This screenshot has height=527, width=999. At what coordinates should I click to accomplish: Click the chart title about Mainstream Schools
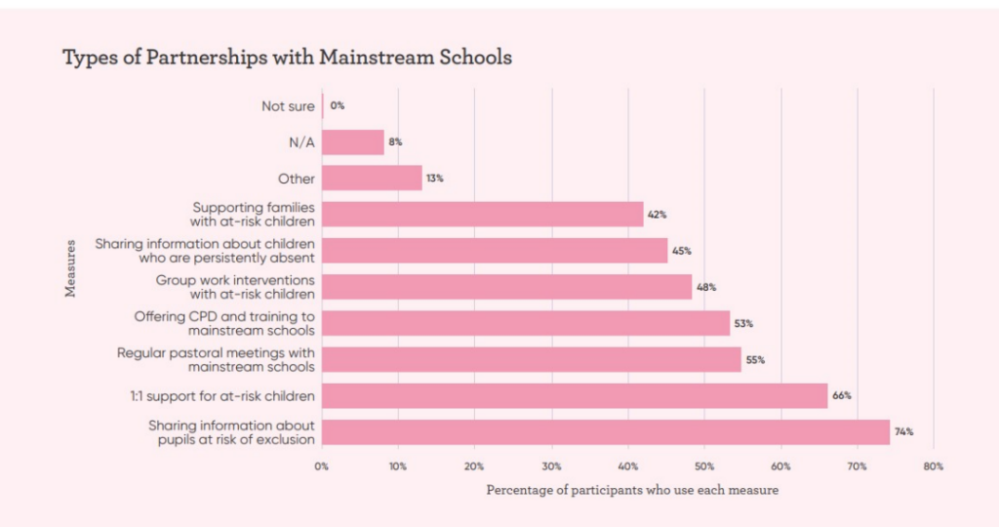click(x=287, y=58)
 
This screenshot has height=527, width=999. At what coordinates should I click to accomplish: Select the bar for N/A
click(x=353, y=142)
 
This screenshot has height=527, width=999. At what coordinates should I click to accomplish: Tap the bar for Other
click(x=372, y=178)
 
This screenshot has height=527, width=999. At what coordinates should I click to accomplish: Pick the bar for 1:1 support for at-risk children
click(x=575, y=395)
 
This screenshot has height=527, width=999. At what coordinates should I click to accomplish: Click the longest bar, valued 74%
click(x=606, y=431)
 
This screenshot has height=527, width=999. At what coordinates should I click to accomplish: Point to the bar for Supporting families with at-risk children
click(x=483, y=214)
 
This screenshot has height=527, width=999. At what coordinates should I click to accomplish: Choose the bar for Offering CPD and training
click(x=526, y=323)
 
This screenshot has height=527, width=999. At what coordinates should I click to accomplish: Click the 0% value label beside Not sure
click(x=338, y=105)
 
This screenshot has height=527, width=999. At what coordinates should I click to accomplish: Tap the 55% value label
click(x=755, y=360)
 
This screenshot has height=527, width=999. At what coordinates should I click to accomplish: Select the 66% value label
click(x=842, y=396)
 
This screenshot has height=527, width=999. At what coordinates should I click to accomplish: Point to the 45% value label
click(x=681, y=251)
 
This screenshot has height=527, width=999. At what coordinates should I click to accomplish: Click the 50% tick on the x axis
click(x=703, y=466)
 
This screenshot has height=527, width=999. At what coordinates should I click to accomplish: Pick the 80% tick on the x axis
click(x=934, y=466)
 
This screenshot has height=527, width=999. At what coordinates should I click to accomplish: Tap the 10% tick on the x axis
click(x=398, y=466)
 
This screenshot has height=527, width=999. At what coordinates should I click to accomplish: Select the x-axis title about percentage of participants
click(x=632, y=490)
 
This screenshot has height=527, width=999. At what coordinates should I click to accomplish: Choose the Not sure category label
click(x=288, y=106)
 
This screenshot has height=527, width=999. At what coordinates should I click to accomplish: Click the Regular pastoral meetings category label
click(x=216, y=359)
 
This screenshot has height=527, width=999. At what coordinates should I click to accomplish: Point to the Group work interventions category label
click(x=235, y=287)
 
